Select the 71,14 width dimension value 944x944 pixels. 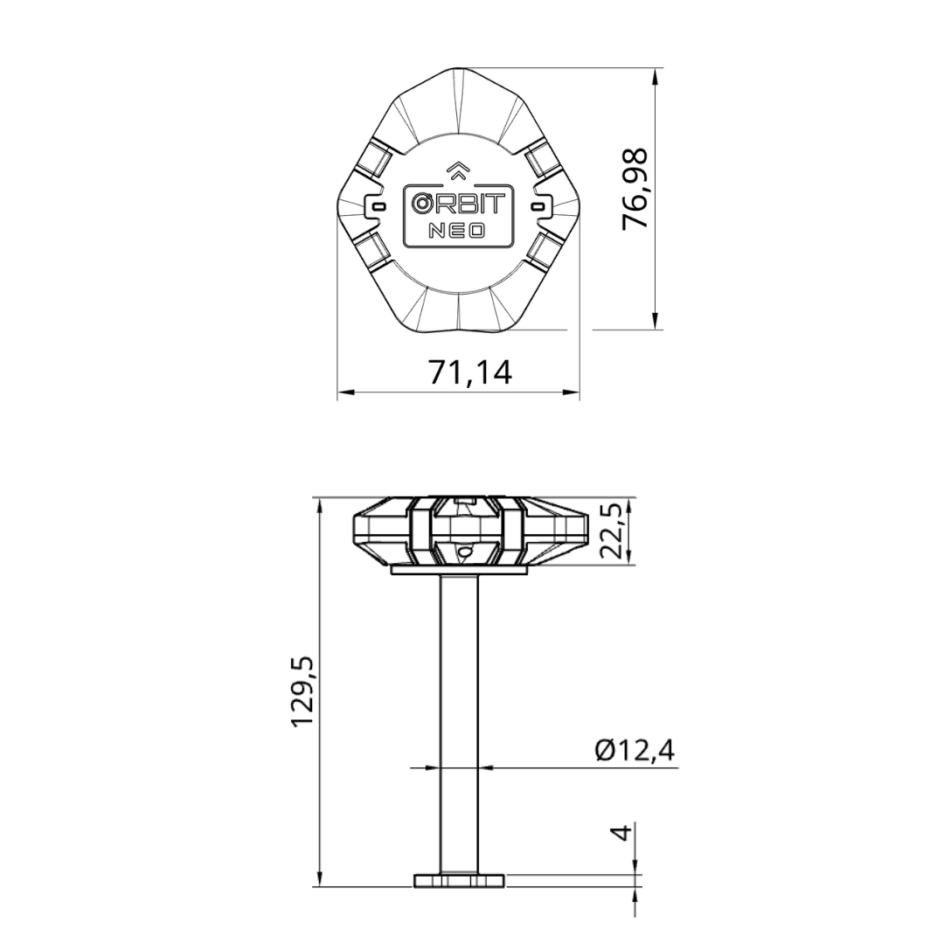469,371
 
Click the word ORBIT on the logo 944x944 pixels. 458,204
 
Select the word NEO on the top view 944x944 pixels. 457,232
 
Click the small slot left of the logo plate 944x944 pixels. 378,205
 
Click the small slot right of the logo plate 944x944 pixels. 538,205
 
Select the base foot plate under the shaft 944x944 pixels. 459,879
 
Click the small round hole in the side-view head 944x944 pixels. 464,552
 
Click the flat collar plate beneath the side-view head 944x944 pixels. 459,570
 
